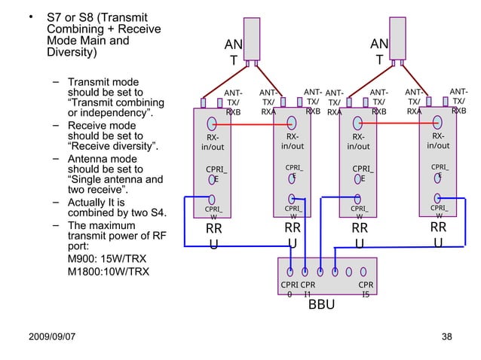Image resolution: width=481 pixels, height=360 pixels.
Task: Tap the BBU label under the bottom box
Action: (320, 306)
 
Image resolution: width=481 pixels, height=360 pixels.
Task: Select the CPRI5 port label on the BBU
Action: (366, 290)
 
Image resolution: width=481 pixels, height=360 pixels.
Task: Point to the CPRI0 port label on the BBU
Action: (290, 290)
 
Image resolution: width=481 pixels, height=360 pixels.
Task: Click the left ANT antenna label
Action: (232, 52)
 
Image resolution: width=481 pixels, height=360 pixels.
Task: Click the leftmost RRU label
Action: (214, 236)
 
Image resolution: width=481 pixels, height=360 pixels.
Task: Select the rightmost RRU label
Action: (438, 234)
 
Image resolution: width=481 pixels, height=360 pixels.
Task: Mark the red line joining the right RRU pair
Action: (400, 119)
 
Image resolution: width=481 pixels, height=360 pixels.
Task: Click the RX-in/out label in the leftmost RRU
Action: (213, 142)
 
